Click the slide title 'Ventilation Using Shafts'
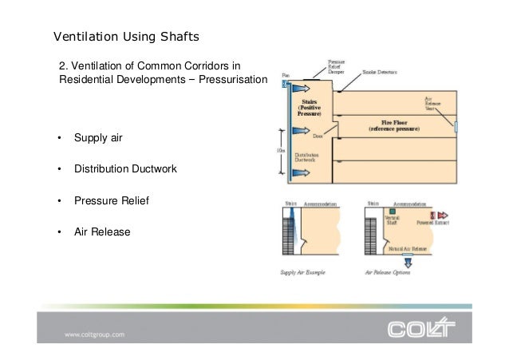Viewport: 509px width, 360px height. [125, 38]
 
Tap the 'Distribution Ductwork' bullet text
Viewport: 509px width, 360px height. [125, 169]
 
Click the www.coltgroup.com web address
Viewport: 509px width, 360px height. [94, 335]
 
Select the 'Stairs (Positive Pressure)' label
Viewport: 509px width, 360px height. [308, 108]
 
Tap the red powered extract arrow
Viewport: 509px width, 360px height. [441, 215]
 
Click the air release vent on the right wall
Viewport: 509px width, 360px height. [456, 125]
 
